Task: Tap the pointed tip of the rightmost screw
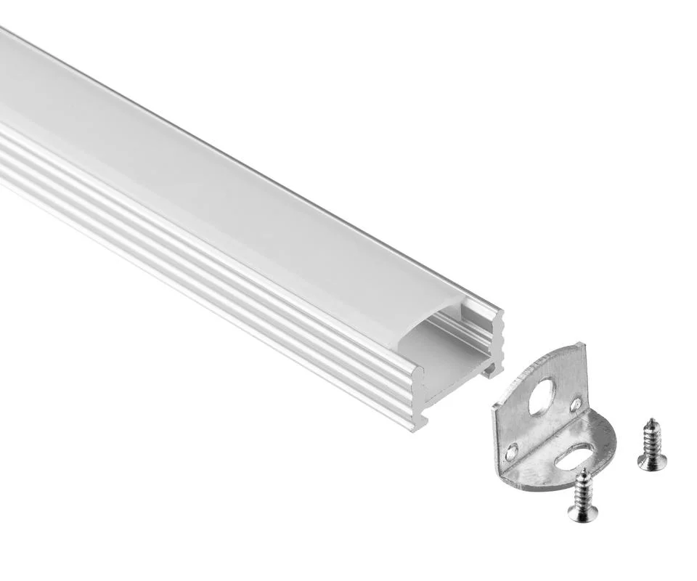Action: (651, 420)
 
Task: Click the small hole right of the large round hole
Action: (575, 404)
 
